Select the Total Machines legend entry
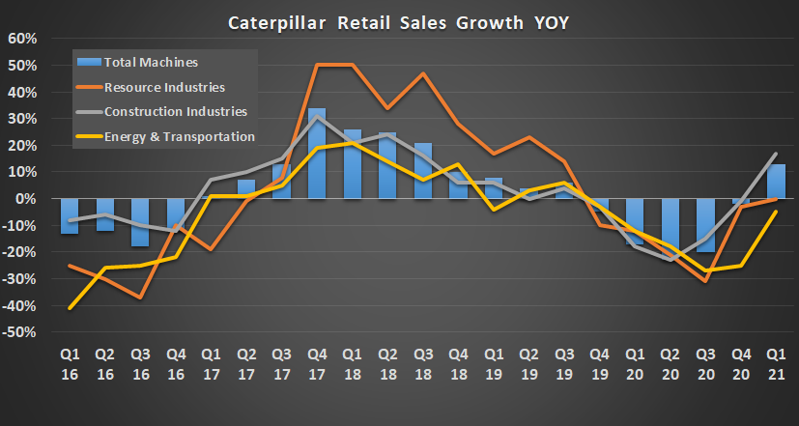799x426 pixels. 153,63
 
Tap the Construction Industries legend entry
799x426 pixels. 177,112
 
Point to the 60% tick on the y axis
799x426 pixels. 21,39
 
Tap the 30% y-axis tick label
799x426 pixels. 21,119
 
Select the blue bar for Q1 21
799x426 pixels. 776,182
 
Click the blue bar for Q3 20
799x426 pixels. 705,225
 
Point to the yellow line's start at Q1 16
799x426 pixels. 70,308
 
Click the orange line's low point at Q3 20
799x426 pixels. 705,281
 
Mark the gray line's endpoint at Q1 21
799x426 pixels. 776,154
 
